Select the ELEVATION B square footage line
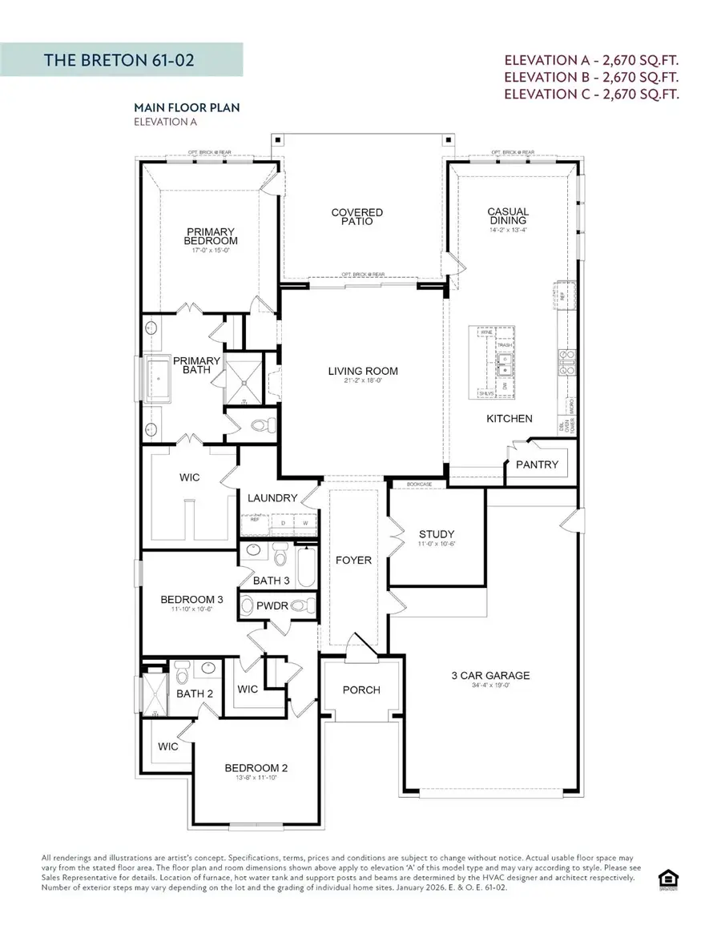coord(592,77)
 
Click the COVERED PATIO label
coord(357,216)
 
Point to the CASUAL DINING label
coord(507,216)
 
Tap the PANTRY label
coord(537,464)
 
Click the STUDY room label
coord(437,534)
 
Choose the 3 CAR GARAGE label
coord(490,675)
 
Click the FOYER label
coord(353,560)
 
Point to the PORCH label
coord(361,690)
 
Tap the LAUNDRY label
coord(272,498)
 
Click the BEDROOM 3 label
coord(191,599)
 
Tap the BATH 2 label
coord(195,694)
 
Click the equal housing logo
coord(667,879)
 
